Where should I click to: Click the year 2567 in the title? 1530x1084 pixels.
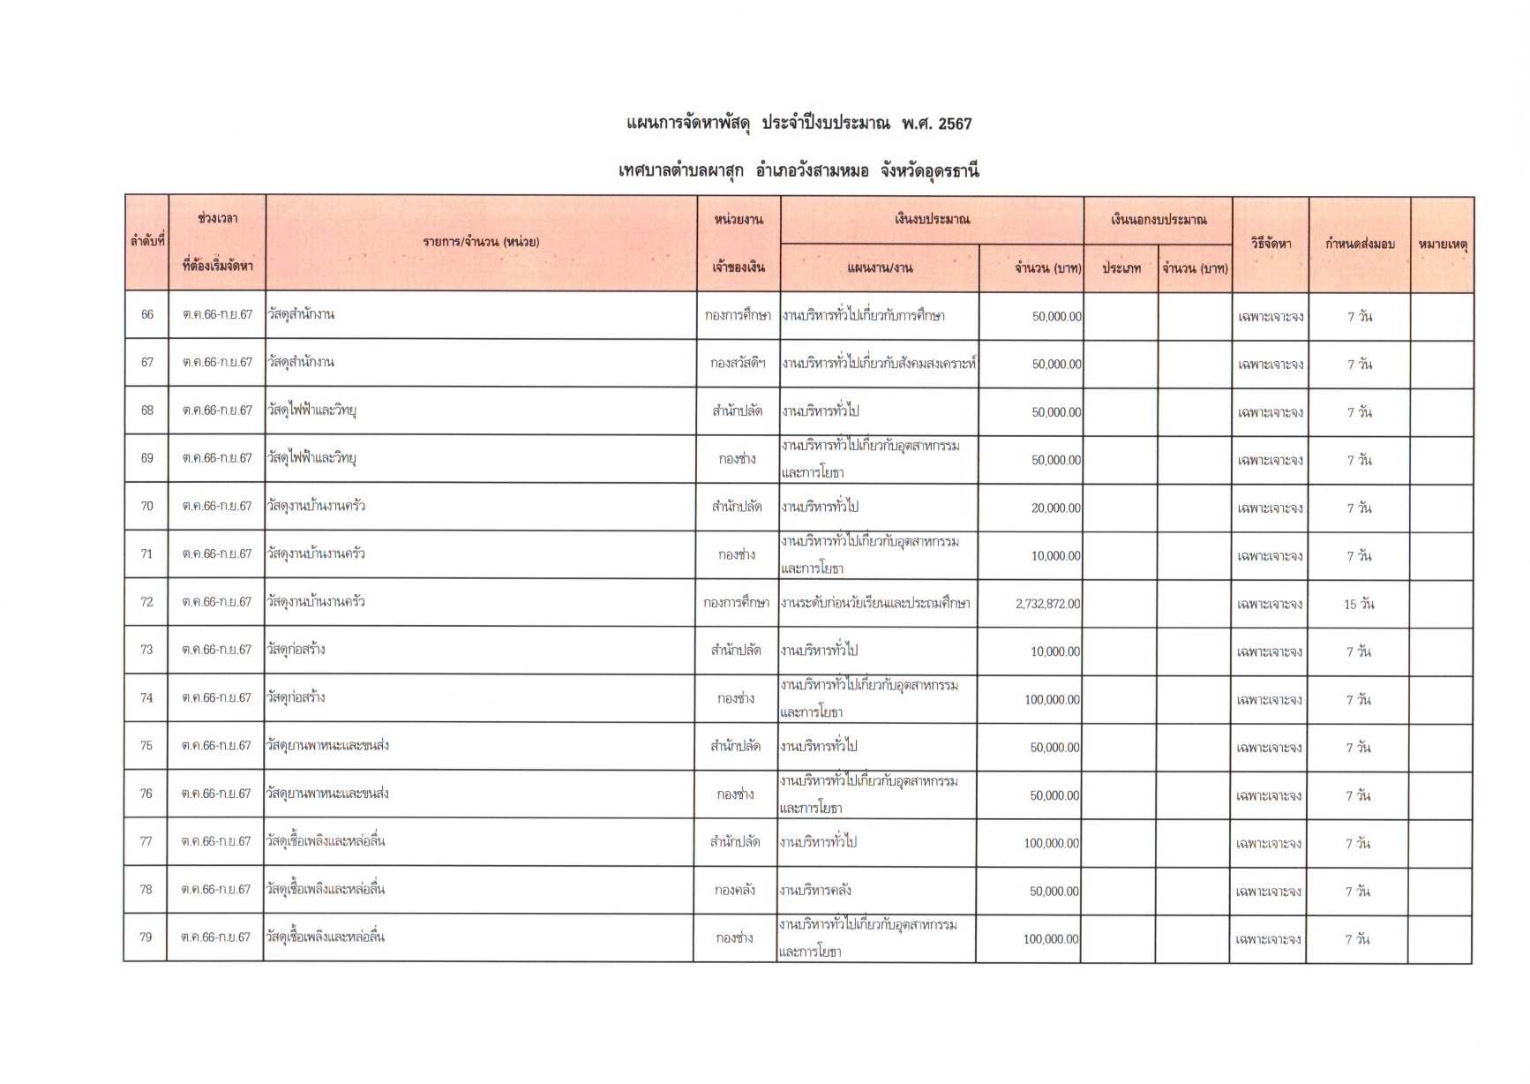[955, 124]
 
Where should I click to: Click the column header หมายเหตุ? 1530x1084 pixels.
[1442, 244]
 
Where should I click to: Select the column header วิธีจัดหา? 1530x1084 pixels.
[1271, 244]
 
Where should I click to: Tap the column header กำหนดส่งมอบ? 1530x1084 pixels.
[1360, 244]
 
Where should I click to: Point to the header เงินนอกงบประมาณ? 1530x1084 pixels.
[1158, 220]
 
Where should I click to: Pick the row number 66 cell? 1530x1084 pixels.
[147, 315]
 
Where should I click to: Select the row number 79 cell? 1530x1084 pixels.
[146, 937]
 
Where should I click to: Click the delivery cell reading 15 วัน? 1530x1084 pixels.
[1359, 605]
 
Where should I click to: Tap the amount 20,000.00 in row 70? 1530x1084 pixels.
[1056, 508]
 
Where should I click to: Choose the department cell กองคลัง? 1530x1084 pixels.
[735, 891]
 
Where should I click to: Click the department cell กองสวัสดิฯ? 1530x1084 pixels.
[738, 363]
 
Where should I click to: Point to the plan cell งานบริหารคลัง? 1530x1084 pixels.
[815, 891]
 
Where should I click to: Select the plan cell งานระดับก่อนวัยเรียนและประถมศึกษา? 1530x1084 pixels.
[875, 604]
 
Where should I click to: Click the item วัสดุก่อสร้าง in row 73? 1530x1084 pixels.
[296, 650]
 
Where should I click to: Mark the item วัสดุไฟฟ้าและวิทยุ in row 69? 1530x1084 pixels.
[311, 458]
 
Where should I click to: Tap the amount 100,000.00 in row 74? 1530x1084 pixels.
[1052, 700]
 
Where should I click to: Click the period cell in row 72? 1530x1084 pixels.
[217, 602]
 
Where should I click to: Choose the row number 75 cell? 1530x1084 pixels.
[146, 746]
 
